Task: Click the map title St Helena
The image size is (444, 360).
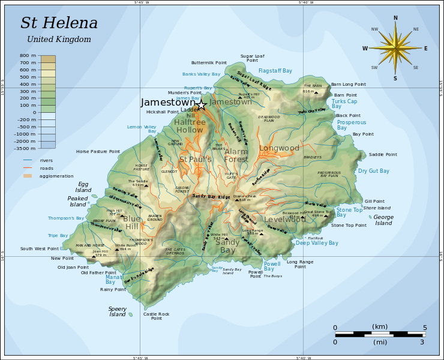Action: pyautogui.click(x=59, y=23)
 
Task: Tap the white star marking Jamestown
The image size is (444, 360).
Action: pyautogui.click(x=200, y=105)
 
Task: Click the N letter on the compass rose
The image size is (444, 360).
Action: pyautogui.click(x=395, y=18)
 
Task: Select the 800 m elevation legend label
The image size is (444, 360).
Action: pyautogui.click(x=28, y=56)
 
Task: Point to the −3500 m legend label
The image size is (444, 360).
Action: pyautogui.click(x=25, y=148)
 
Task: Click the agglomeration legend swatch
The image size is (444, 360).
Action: pyautogui.click(x=28, y=176)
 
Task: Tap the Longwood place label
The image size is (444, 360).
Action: pyautogui.click(x=279, y=148)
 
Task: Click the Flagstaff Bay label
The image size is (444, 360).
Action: pyautogui.click(x=275, y=71)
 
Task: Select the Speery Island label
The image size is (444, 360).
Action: pyautogui.click(x=118, y=311)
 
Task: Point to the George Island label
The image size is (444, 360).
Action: pyautogui.click(x=383, y=220)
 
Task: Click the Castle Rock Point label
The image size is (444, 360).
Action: pyautogui.click(x=156, y=316)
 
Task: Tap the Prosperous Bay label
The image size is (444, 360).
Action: pyautogui.click(x=351, y=125)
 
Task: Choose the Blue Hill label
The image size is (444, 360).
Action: pyautogui.click(x=132, y=223)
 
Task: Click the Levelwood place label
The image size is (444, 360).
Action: pyautogui.click(x=285, y=220)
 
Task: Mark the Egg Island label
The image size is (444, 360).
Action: pyautogui.click(x=83, y=187)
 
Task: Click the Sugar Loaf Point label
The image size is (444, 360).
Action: pyautogui.click(x=252, y=58)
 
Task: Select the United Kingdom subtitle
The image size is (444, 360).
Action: pyautogui.click(x=59, y=40)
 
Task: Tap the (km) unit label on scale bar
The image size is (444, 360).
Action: pyautogui.click(x=380, y=327)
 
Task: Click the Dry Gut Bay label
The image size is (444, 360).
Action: pyautogui.click(x=373, y=171)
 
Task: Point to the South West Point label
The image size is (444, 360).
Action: pyautogui.click(x=40, y=248)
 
